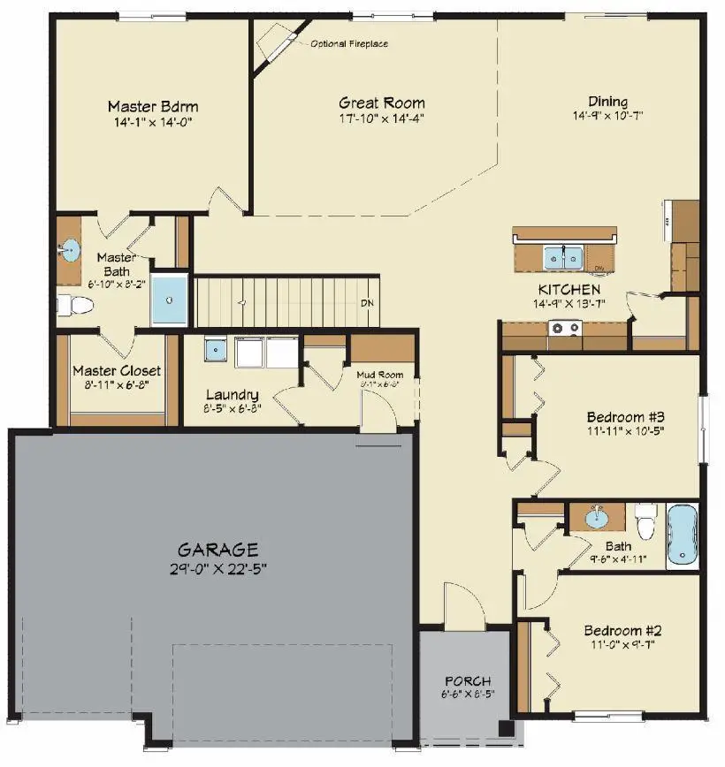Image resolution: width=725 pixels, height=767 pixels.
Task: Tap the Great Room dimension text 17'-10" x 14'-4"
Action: [x=382, y=118]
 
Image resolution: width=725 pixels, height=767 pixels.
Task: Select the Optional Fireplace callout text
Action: [x=349, y=43]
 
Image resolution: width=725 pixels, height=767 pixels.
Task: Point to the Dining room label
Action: [x=607, y=101]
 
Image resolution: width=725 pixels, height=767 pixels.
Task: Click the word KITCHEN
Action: [x=569, y=289]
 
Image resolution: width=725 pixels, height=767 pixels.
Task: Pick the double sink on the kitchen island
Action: [x=562, y=257]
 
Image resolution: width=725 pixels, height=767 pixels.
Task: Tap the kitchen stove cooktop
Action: [x=565, y=330]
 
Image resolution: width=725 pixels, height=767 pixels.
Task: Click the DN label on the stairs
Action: [x=367, y=303]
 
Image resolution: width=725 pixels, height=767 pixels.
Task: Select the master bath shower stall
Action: [x=170, y=300]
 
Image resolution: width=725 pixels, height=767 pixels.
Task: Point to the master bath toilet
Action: [x=74, y=306]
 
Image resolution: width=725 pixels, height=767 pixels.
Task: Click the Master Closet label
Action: [x=117, y=370]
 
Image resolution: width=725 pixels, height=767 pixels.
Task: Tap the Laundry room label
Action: [x=232, y=395]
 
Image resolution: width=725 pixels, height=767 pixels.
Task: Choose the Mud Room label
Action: [x=379, y=375]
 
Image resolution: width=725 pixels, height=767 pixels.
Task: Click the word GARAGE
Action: [x=217, y=549]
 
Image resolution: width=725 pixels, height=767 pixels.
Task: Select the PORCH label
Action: [x=466, y=680]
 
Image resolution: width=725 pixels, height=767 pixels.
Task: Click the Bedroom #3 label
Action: [x=625, y=417]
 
